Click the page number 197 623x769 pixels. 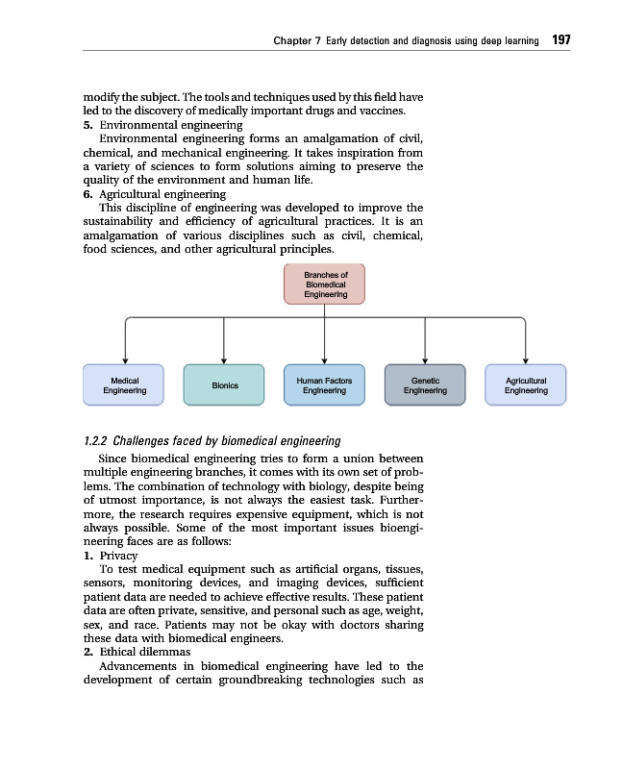coord(561,40)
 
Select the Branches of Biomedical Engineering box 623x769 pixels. coord(325,284)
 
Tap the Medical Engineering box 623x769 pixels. coord(124,385)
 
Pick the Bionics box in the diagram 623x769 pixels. coord(224,385)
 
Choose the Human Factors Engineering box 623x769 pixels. coord(324,385)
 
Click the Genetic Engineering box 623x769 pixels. coord(425,385)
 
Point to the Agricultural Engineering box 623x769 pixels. coord(525,385)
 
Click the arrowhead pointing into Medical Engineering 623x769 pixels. coord(124,360)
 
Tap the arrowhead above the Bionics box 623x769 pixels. coord(224,360)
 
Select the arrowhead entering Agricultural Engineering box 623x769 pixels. coord(525,360)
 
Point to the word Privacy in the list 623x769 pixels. coord(118,556)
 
